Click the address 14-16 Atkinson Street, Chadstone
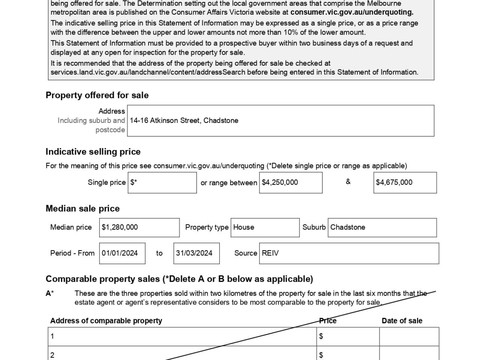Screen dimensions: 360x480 [184, 120]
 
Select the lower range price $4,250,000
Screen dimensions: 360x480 [280, 182]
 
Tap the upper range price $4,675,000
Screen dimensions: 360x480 [394, 182]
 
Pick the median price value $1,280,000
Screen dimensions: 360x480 [120, 227]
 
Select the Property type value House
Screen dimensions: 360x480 [244, 227]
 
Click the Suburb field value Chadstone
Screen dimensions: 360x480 [348, 227]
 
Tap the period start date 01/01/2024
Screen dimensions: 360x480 [120, 253]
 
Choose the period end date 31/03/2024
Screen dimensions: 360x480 [194, 253]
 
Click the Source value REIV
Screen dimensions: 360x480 [270, 253]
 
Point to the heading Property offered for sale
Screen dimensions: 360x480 [97, 95]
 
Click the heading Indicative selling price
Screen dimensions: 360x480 [93, 152]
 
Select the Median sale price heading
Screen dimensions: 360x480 [82, 208]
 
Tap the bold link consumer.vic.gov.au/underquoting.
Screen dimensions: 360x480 [352, 12]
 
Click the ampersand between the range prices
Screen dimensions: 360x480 [348, 182]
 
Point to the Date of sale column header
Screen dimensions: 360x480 [402, 321]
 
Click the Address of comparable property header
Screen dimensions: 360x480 [106, 321]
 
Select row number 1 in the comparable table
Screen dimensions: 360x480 [52, 336]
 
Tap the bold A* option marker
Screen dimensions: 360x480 [49, 293]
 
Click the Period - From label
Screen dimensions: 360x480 [72, 253]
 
